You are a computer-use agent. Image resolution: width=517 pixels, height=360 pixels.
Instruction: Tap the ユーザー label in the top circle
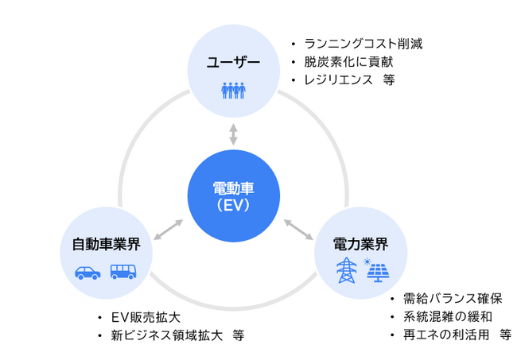[x=233, y=63]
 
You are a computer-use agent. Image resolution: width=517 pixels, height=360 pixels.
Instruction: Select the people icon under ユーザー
[x=233, y=90]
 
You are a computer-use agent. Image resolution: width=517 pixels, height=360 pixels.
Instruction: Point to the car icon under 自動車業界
[x=87, y=272]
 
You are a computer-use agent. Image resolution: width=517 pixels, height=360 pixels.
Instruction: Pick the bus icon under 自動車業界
[x=123, y=272]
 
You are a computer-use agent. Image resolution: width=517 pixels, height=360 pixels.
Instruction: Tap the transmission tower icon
[x=347, y=270]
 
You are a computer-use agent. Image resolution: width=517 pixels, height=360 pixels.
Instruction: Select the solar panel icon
[x=377, y=270]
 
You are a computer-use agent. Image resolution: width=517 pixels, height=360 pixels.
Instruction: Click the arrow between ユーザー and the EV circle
[x=233, y=134]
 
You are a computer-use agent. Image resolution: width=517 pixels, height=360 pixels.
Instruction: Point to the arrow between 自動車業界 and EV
[x=169, y=230]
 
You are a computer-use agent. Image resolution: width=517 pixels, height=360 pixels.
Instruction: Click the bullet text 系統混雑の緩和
[x=446, y=317]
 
